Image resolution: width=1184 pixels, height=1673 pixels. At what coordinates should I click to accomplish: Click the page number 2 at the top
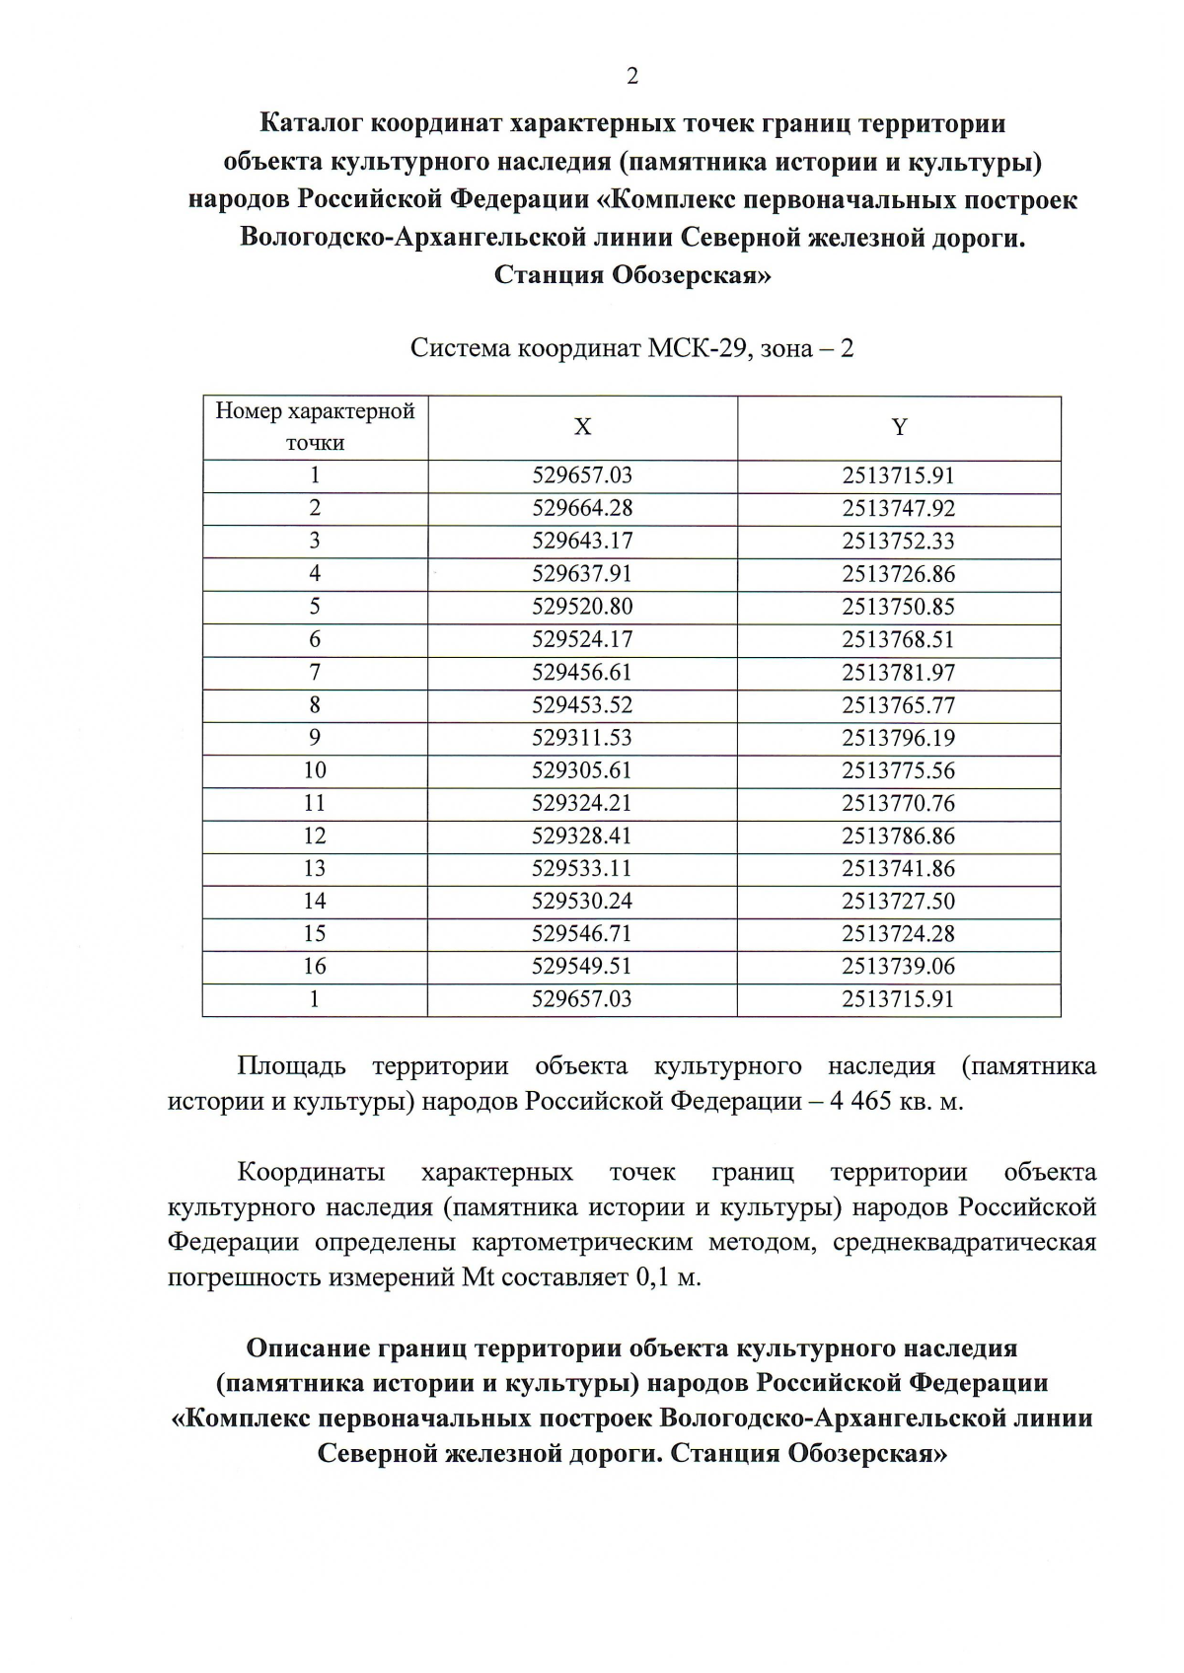[x=632, y=76]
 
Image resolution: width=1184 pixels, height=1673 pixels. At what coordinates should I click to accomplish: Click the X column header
[x=583, y=427]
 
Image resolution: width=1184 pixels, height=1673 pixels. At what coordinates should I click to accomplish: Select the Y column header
[x=899, y=427]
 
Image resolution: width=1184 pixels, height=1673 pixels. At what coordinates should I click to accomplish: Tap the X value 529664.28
[x=582, y=508]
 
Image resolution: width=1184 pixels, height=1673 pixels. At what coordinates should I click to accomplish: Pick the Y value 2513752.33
[x=898, y=541]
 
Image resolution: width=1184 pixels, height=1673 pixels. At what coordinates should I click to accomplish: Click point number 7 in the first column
[x=315, y=672]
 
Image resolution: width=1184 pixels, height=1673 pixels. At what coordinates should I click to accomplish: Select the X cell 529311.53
[x=582, y=738]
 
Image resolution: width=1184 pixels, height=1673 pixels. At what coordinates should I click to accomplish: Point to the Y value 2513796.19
[x=898, y=738]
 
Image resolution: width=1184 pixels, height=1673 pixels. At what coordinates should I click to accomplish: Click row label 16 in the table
[x=315, y=966]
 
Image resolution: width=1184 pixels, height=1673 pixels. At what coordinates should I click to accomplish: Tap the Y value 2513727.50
[x=898, y=901]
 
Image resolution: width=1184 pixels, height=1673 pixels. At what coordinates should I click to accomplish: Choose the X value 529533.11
[x=582, y=868]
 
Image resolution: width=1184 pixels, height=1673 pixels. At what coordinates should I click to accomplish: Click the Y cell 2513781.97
[x=898, y=672]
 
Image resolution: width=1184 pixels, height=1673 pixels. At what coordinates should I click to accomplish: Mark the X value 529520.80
[x=582, y=607]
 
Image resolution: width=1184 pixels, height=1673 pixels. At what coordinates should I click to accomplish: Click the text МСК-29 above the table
[x=697, y=348]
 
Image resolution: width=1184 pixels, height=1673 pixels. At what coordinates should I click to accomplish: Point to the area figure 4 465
[x=860, y=1101]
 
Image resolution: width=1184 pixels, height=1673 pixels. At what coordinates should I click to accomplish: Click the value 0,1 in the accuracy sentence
[x=654, y=1277]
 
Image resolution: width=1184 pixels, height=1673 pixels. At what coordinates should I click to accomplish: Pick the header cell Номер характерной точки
[x=315, y=427]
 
